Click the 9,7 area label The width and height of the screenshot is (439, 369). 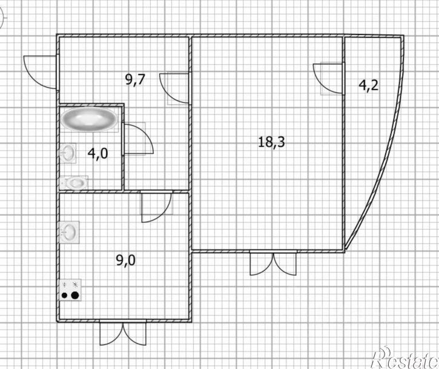tap(135, 79)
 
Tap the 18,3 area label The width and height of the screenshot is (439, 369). tap(271, 142)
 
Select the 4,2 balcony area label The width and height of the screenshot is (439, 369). tap(368, 85)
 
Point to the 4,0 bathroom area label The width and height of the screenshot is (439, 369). tap(97, 153)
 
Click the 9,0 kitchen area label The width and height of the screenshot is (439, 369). tap(126, 261)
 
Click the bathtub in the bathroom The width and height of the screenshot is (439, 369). tap(90, 119)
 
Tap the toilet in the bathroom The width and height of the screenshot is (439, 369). tap(74, 183)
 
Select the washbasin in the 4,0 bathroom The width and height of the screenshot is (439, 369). tap(68, 153)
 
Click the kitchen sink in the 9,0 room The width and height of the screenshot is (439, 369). tap(70, 232)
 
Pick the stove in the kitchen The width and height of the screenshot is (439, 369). tap(70, 290)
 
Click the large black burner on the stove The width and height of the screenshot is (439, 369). tap(74, 295)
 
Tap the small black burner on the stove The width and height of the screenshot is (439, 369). tap(65, 295)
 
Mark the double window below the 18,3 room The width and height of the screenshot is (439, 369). tap(273, 264)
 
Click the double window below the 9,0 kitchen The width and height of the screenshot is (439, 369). tap(123, 333)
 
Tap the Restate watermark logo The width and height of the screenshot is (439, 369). tap(405, 358)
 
